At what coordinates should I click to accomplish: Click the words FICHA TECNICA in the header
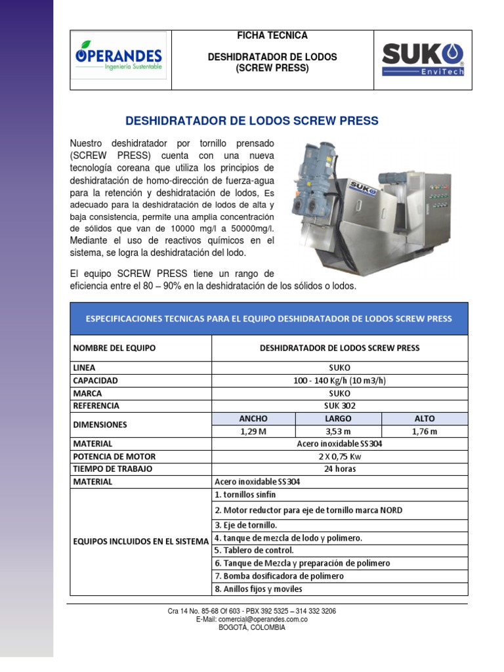(272, 35)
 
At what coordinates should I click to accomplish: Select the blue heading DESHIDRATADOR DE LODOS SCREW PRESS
(251, 121)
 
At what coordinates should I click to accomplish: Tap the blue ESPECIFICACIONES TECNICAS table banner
(269, 319)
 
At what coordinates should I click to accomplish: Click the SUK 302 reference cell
(339, 406)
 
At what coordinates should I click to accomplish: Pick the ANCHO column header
(253, 418)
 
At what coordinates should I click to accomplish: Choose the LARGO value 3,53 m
(338, 431)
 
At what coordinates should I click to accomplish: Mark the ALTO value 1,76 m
(424, 431)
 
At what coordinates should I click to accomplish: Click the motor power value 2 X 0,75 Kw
(339, 456)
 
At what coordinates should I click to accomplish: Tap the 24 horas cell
(339, 469)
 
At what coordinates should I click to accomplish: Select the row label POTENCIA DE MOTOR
(114, 456)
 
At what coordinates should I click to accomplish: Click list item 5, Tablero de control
(255, 550)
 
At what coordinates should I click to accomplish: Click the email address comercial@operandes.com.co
(252, 619)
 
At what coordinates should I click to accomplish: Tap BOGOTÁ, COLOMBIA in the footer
(252, 627)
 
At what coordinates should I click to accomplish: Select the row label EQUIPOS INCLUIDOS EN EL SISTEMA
(140, 541)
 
